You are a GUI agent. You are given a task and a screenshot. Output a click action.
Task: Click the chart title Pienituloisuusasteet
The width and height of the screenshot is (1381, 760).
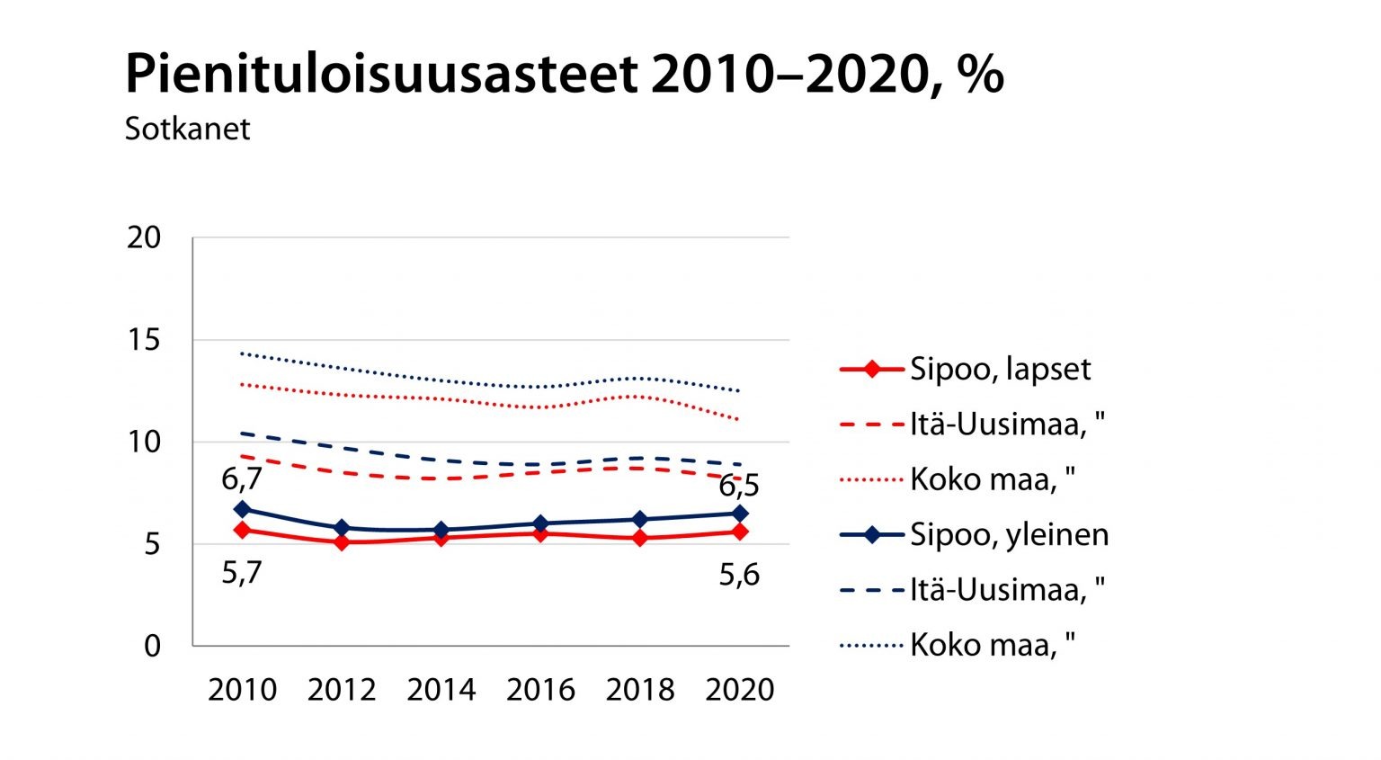point(563,74)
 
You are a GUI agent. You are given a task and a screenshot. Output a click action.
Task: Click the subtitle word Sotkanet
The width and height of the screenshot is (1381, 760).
point(187,129)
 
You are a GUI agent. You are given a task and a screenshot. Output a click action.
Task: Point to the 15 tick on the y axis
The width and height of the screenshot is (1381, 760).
point(144,340)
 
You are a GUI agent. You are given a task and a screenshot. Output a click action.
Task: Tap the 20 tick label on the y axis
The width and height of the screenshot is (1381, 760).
point(144,238)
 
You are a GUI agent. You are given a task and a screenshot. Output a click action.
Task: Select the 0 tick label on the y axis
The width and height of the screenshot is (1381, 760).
point(152,646)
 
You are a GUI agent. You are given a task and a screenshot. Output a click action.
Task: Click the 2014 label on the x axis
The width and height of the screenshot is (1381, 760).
point(441,690)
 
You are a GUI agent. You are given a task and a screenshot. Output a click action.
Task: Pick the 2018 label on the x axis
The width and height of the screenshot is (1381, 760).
point(639,690)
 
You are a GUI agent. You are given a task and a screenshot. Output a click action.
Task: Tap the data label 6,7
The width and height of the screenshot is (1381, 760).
point(242,479)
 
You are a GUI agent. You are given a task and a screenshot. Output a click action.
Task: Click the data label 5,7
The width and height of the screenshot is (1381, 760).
point(242,572)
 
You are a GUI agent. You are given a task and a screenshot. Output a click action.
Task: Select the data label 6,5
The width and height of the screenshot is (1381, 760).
point(739,486)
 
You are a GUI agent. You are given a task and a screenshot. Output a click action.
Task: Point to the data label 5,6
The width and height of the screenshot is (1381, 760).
point(739,574)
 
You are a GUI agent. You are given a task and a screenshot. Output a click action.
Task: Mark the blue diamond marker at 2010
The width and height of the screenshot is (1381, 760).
point(242,509)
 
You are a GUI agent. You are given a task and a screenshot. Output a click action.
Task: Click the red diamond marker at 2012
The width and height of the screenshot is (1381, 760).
point(342,542)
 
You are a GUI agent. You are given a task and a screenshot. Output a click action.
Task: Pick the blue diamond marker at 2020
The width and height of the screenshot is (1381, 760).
point(739,514)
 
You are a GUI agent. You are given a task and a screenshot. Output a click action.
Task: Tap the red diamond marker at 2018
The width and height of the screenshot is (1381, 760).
point(639,538)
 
